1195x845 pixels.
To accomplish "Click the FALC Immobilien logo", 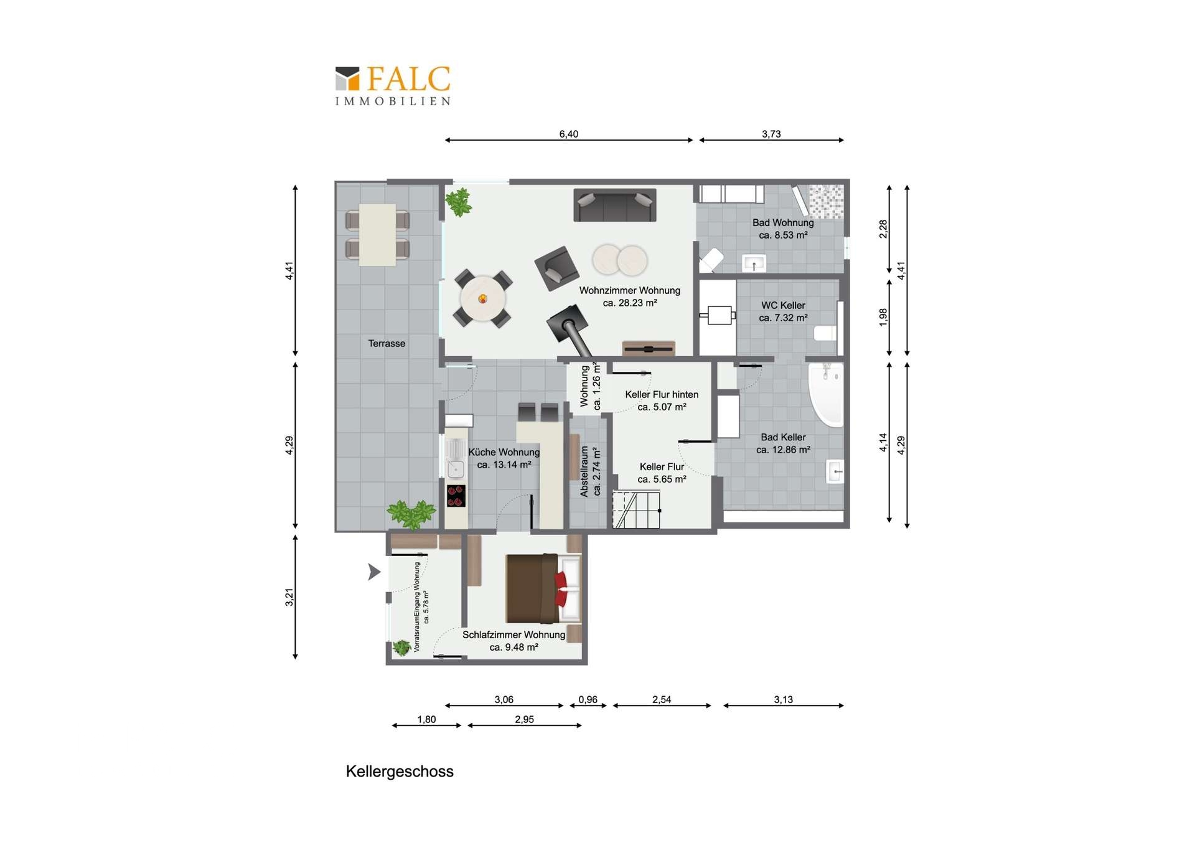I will (393, 86).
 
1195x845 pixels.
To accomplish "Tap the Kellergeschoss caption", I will (400, 772).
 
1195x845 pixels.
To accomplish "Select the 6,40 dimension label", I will (568, 134).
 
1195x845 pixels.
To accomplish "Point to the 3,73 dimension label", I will (771, 134).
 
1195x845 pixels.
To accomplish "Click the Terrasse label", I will (387, 343).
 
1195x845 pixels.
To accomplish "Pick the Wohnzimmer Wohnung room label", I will (630, 296).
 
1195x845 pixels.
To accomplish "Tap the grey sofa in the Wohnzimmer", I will (614, 205).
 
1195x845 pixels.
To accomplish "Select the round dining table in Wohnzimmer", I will (482, 299).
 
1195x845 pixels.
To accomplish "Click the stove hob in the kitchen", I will (456, 496).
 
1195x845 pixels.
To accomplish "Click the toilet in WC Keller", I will (825, 333).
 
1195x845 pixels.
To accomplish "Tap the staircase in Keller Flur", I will (636, 509).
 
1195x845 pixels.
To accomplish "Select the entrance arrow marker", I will (373, 572).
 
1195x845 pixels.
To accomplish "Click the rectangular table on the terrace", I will (377, 235).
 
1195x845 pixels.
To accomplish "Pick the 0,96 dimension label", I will (588, 699).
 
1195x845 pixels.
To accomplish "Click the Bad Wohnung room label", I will (783, 229).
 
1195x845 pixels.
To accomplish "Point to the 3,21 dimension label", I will (289, 597).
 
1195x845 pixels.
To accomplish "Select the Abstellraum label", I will (590, 471).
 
